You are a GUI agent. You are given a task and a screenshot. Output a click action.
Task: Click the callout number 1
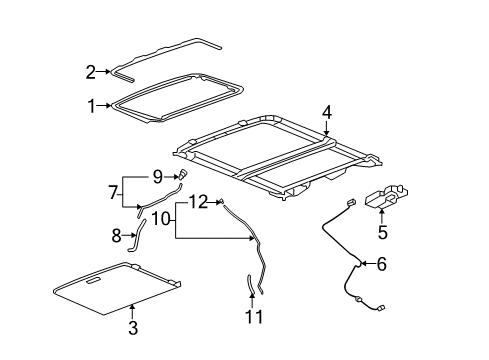coord(91,104)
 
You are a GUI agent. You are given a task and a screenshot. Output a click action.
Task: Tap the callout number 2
coord(91,71)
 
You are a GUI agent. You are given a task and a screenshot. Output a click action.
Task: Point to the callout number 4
coord(326,113)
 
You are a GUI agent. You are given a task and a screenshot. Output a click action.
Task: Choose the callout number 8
coord(117,236)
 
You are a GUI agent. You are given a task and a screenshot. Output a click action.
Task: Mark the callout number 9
coord(158,177)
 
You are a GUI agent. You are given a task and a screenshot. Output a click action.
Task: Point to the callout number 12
coord(198,202)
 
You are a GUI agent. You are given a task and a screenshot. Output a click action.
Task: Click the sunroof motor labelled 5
coord(386,202)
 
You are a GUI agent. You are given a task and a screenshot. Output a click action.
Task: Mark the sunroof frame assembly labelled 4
coord(275,160)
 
